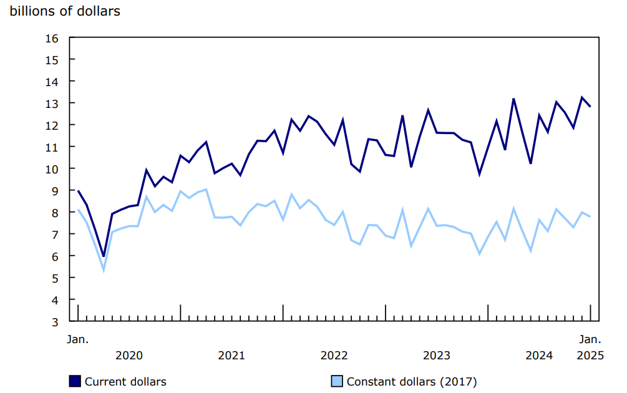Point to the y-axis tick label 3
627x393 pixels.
coord(54,322)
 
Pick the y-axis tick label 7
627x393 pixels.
coord(54,235)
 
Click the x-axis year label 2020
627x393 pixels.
coord(129,356)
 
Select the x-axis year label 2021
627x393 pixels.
coord(231,356)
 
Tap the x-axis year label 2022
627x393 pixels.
coord(334,356)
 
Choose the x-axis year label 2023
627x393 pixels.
coord(437,356)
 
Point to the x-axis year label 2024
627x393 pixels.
coord(539,356)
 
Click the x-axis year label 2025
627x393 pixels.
coord(590,356)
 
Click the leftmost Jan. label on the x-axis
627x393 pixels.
coord(78,340)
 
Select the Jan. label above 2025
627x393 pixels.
coord(590,340)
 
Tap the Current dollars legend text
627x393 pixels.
coord(125,382)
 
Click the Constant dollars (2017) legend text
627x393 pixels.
coord(412,382)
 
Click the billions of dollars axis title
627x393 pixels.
coord(65,12)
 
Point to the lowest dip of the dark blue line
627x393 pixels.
coord(104,256)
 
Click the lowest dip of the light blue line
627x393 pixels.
coord(104,270)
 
